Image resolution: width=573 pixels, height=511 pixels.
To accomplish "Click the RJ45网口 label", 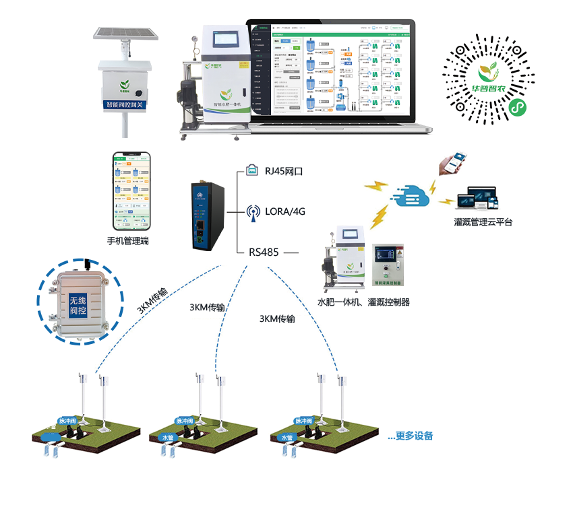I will pos(283,172).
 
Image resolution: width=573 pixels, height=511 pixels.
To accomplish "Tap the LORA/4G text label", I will pos(285,211).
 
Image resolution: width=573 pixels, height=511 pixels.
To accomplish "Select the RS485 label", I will pos(264,252).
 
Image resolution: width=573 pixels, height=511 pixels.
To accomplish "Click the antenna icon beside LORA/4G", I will pos(253,213).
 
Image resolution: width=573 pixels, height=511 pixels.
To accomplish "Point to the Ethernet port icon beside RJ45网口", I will pos(252,171).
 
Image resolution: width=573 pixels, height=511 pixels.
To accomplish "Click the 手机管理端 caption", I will pos(128,240).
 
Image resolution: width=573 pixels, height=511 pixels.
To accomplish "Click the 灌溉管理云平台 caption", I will pos(483,222).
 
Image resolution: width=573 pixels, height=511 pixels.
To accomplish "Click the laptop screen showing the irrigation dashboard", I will pos(331,68).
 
